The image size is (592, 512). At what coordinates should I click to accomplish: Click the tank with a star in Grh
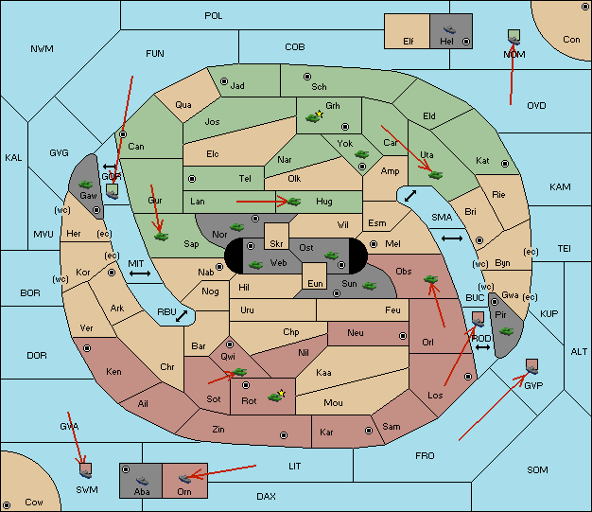pos(314,117)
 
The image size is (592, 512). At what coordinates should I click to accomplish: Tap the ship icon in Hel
pos(449,29)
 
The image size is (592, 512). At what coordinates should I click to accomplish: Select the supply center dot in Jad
pos(224,81)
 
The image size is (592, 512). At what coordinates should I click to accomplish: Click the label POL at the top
pos(214,16)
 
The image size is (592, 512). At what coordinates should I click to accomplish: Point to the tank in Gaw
pos(86,185)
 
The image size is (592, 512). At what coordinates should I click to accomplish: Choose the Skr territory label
pos(276,244)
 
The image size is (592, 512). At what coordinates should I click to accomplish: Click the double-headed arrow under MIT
pos(140,274)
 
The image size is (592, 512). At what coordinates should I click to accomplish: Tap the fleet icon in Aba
pos(142,480)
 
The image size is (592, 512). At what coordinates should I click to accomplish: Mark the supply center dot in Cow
pos(7,505)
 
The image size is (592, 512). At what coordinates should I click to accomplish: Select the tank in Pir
pos(506,331)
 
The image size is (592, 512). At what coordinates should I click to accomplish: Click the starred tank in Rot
pos(276,396)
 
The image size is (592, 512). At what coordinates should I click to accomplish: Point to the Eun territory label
pos(315,283)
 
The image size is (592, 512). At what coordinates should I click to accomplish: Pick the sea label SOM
pos(537,470)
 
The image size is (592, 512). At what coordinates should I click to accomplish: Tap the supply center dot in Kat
pos(505,164)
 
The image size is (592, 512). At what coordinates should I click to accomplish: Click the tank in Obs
pos(431,279)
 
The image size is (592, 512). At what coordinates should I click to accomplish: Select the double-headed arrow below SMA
pos(452,238)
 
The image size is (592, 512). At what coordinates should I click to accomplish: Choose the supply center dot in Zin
pos(284,435)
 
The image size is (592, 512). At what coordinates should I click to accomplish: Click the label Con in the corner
pos(571,40)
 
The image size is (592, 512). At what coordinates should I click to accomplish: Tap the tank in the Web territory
pos(255,265)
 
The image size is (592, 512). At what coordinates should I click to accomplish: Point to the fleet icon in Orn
pos(184,479)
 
